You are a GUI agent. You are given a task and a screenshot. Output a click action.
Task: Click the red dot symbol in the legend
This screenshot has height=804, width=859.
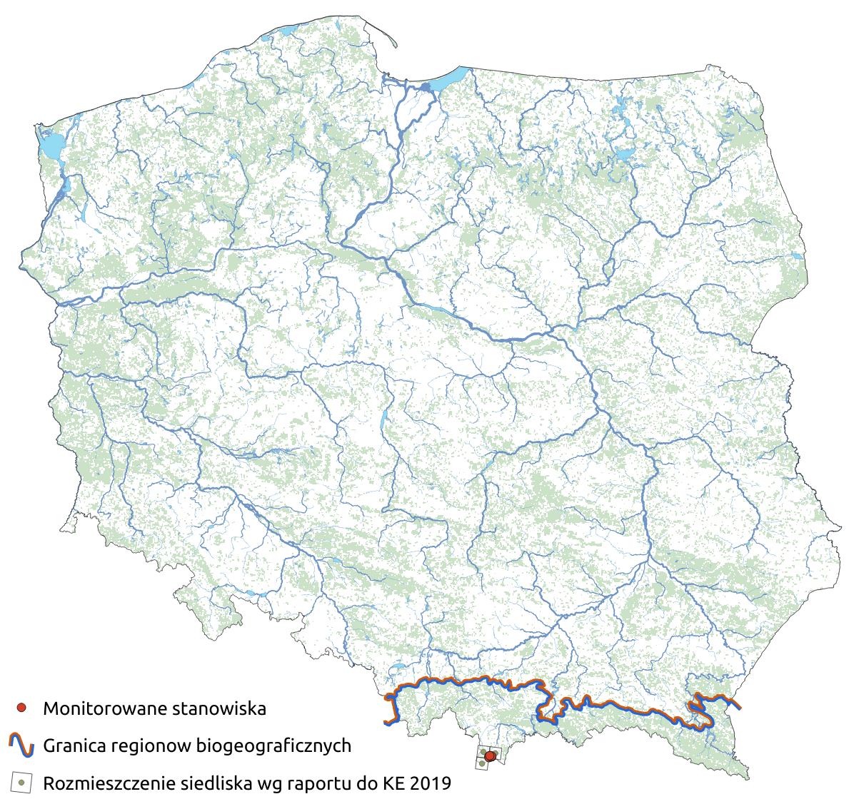22,708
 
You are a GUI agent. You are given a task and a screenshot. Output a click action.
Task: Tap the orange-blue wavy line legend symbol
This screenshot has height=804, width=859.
21,746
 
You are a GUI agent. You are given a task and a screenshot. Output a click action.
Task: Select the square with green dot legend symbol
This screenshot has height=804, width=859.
22,783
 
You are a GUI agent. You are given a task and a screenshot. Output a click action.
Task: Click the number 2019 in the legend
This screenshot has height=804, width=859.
431,783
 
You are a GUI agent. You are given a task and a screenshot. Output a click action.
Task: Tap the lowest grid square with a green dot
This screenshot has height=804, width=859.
483,765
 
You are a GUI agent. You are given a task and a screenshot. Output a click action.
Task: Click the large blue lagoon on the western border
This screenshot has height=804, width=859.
50,147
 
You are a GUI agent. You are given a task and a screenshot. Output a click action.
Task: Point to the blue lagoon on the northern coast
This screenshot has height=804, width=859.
450,77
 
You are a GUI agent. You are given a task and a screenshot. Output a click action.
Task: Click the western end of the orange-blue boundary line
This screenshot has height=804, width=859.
387,723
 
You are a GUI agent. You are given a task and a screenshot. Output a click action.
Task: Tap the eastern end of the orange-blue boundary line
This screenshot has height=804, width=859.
738,707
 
